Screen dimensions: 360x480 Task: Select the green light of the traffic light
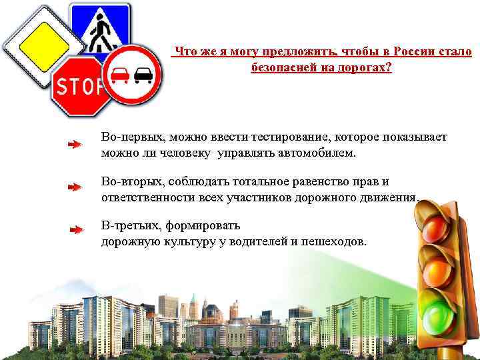[x=439, y=314]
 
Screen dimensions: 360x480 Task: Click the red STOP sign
[x=79, y=87]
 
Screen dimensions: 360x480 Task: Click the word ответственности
[x=149, y=197]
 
